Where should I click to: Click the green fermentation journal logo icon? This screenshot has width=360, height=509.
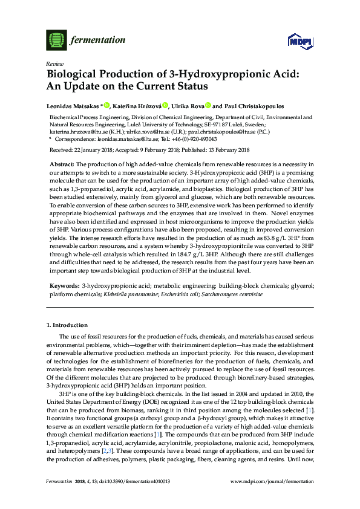[x=56, y=40]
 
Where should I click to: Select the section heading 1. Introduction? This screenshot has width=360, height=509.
[x=70, y=325]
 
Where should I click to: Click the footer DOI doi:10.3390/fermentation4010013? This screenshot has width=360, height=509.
[x=132, y=481]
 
